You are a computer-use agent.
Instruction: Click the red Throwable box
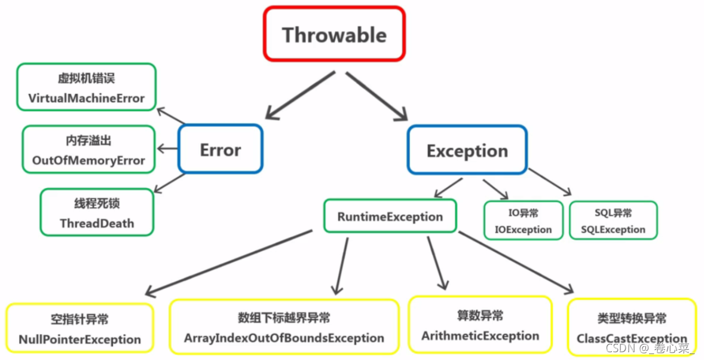(335, 34)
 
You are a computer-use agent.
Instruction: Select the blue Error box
(221, 150)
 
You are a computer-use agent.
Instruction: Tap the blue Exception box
(467, 151)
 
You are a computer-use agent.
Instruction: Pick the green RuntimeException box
(390, 216)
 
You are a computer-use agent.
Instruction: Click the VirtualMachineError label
(86, 98)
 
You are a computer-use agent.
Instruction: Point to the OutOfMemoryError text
(88, 160)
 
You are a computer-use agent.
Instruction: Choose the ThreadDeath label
(97, 224)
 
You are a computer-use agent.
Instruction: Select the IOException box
(524, 221)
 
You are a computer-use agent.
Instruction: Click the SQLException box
(613, 221)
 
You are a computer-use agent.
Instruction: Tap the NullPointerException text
(79, 340)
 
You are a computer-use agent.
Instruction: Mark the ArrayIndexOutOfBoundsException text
(284, 338)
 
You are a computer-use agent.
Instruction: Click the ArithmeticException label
(480, 335)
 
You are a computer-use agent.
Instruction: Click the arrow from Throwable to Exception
(377, 96)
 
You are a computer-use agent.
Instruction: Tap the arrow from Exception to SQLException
(549, 182)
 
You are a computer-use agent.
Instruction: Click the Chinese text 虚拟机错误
(86, 79)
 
